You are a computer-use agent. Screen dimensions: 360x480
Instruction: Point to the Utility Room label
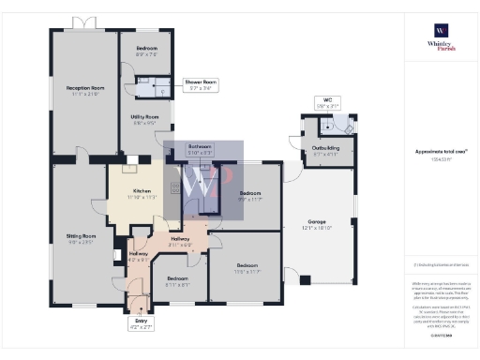(145, 119)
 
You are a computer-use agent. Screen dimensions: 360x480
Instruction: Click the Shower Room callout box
(200, 84)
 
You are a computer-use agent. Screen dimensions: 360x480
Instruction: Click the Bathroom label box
(200, 148)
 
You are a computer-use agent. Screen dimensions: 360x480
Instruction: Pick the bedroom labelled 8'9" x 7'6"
(145, 51)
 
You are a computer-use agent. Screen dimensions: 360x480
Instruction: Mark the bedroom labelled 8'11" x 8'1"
(177, 281)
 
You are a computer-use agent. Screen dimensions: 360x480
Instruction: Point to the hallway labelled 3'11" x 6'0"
(181, 242)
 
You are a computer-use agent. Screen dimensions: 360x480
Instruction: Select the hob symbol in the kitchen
(174, 188)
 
